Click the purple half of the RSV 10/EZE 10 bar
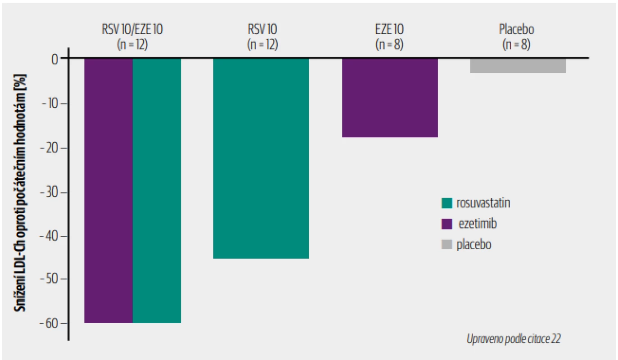[108, 191]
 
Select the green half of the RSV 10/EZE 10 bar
[157, 191]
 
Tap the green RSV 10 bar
[261, 158]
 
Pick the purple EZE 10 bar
[390, 98]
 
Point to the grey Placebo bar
[518, 66]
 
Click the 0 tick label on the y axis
[54, 59]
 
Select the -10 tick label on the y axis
[50, 103]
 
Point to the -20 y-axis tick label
[50, 148]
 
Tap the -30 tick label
[50, 192]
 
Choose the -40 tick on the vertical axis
[50, 236]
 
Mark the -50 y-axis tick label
[50, 279]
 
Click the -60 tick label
[50, 323]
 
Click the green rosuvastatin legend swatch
[447, 203]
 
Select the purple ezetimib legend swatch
[447, 224]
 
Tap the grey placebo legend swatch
[447, 244]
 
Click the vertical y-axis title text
[20, 193]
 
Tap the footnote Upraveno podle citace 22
[514, 339]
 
